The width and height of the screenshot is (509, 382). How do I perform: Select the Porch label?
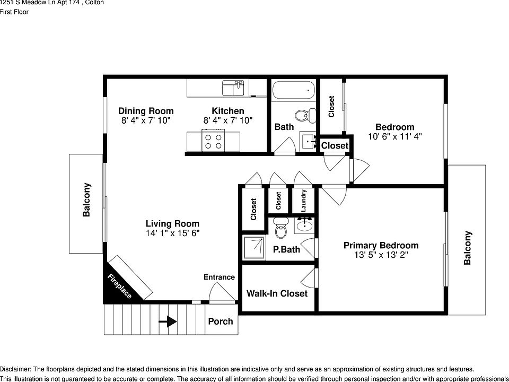220,322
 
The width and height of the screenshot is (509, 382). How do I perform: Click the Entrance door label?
219,277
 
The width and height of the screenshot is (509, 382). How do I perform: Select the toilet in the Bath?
302,116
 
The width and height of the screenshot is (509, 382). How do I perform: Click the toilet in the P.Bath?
281,228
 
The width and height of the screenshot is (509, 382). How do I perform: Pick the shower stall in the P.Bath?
254,248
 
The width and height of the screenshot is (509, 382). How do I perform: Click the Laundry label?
304,201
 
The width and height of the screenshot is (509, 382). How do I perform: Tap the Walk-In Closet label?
277,293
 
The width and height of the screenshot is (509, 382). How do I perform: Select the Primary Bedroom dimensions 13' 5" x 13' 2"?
381,255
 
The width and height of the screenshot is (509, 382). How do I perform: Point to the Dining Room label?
146,111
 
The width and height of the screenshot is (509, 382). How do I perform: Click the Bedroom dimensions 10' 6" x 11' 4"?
394,136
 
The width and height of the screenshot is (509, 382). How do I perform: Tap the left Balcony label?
86,200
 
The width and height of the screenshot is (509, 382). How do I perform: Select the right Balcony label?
467,247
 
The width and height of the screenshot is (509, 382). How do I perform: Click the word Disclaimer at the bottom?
16,369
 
